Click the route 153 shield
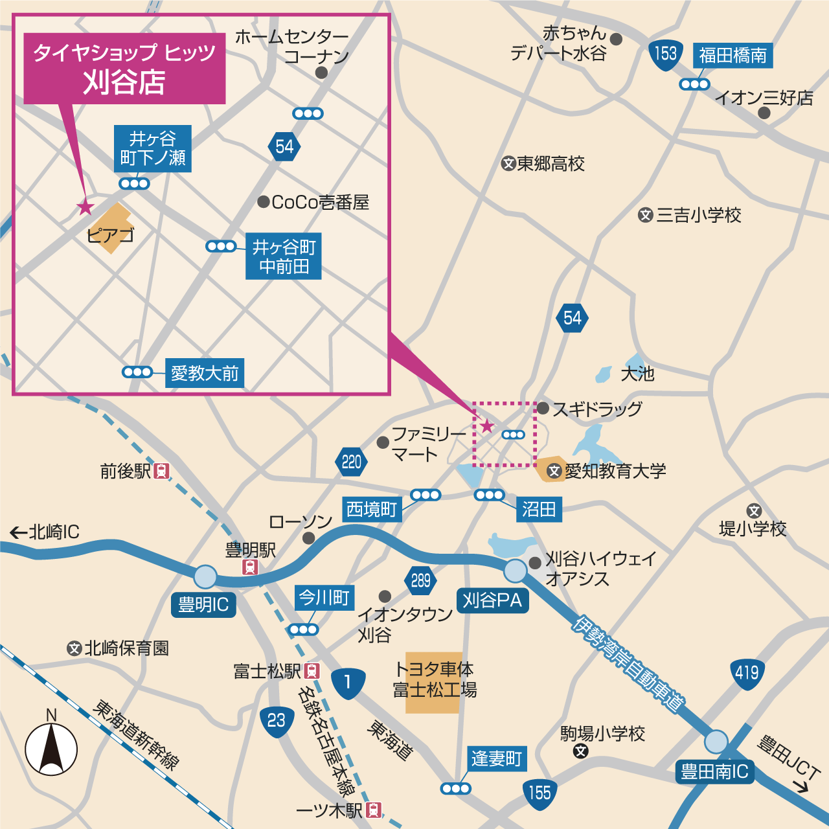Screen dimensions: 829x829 665,54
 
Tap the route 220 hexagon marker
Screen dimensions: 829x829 352,462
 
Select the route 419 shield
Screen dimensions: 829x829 747,673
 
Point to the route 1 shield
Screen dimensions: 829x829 348,683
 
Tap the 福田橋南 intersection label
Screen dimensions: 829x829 733,56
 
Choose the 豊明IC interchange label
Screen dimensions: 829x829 203,605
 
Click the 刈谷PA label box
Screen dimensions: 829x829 492,601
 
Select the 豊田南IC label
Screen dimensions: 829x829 714,771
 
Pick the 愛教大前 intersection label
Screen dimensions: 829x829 205,373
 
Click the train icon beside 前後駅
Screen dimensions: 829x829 161,471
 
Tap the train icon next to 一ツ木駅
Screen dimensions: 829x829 374,810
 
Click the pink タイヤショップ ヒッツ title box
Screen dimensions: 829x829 124,68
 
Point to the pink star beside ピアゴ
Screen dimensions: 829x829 85,207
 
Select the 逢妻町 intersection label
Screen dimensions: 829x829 497,758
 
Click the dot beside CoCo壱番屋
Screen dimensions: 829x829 263,202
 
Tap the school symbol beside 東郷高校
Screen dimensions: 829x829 508,164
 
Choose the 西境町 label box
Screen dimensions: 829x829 372,509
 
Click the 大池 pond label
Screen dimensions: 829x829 637,374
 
